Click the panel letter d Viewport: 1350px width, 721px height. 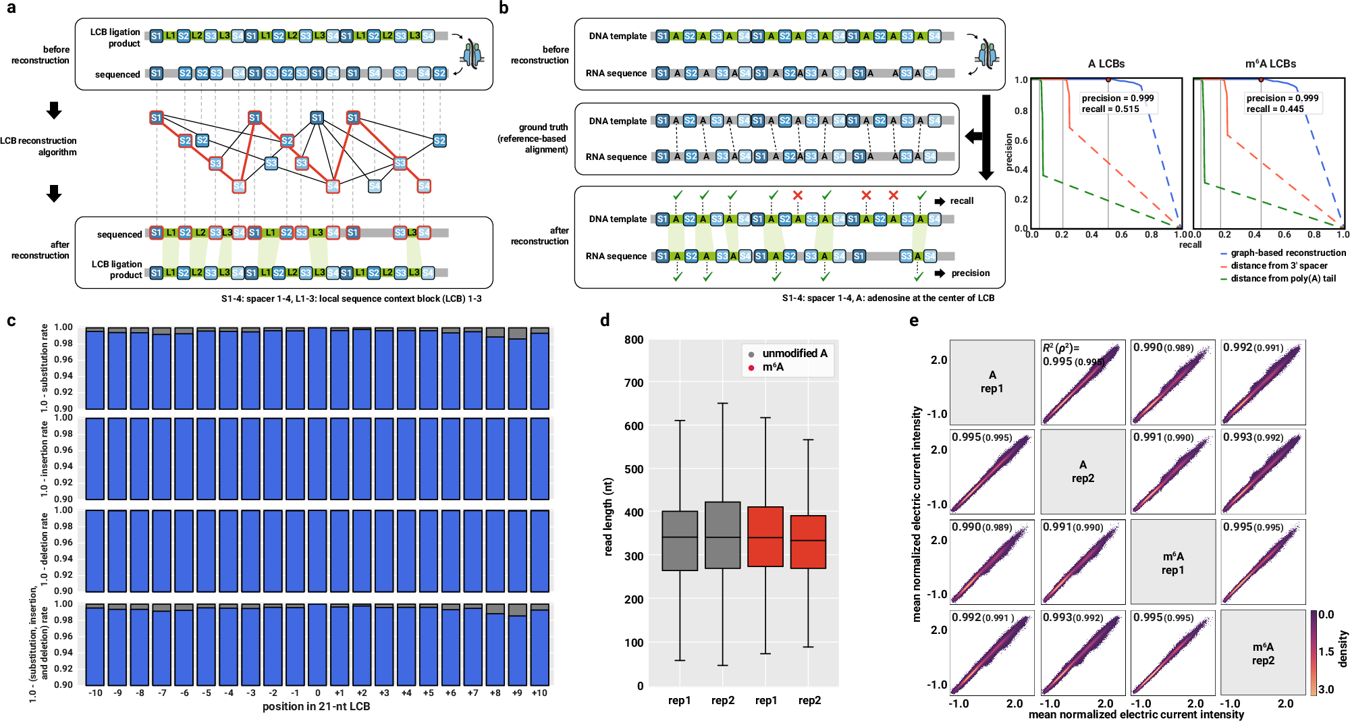pos(605,320)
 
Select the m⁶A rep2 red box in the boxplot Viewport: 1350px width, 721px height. pos(808,542)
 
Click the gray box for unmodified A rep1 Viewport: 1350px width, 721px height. pos(680,541)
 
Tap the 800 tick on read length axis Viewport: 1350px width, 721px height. pos(633,340)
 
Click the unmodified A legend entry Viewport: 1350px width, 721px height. pos(794,353)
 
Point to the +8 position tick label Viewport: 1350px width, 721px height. pos(495,693)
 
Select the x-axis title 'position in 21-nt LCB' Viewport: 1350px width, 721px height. pos(316,706)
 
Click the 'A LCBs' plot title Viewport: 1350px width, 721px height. pos(1106,63)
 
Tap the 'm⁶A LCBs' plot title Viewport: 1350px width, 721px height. pos(1270,63)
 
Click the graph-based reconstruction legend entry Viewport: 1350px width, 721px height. pos(1287,252)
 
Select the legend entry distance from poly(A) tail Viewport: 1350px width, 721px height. pos(1282,278)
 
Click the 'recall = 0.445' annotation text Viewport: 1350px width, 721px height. pos(1275,109)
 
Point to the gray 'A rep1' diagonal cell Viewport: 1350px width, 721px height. pos(992,382)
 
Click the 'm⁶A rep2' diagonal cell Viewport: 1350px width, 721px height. pos(1262,653)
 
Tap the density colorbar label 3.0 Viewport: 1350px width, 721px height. pos(1326,689)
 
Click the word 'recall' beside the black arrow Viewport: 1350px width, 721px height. pos(961,201)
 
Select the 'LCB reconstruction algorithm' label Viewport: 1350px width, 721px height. pos(39,146)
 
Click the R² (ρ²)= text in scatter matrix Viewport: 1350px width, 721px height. pos(1060,348)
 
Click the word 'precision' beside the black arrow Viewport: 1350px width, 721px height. pos(970,273)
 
